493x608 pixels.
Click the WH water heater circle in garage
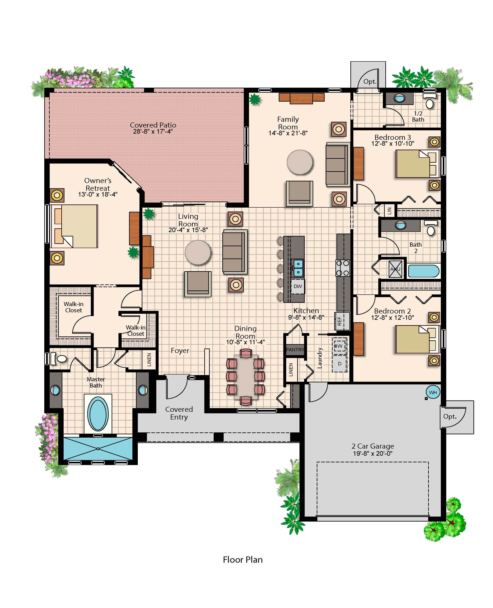point(433,392)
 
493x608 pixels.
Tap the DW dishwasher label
point(298,286)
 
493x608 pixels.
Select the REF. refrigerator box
point(342,321)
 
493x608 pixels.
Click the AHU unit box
point(395,269)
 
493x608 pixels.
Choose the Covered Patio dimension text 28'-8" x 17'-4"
point(153,131)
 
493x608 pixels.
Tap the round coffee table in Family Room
point(300,162)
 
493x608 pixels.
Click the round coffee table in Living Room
point(198,252)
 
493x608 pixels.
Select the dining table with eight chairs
point(246,377)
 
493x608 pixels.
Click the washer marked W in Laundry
point(340,346)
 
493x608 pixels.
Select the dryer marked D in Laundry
point(340,364)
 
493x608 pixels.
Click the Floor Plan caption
point(243,559)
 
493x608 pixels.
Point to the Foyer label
point(180,351)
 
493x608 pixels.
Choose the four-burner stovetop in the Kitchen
point(343,268)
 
